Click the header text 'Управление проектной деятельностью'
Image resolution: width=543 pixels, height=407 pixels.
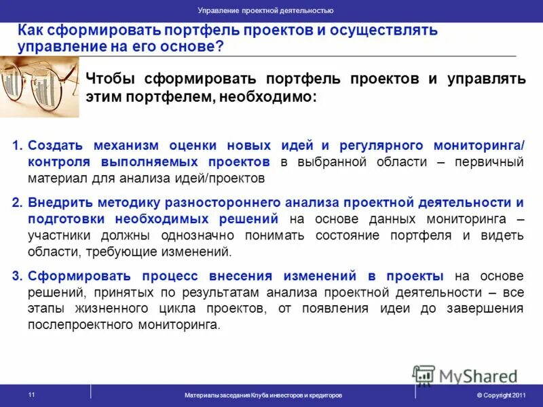(265, 11)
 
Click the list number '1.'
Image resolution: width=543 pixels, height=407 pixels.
(18, 146)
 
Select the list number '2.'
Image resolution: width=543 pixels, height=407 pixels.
(18, 203)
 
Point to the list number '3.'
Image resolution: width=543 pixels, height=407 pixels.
(18, 276)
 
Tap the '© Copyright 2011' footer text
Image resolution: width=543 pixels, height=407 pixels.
(501, 395)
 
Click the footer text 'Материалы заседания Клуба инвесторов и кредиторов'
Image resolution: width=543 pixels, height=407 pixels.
(263, 395)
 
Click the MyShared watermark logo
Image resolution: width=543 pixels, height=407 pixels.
(465, 375)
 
